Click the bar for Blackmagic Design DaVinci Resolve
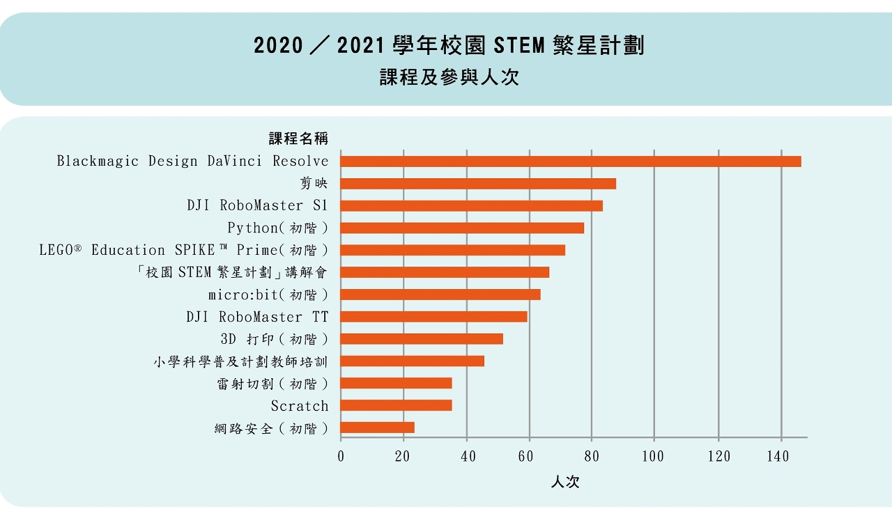click(x=571, y=162)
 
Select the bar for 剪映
click(x=478, y=184)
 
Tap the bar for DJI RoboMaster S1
click(x=472, y=206)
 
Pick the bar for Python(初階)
click(x=462, y=228)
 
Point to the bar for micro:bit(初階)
click(x=440, y=295)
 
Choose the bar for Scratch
click(x=396, y=405)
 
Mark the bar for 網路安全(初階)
click(x=377, y=427)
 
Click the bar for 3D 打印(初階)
click(x=422, y=339)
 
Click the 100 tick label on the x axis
click(x=654, y=457)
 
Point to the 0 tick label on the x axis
click(x=341, y=457)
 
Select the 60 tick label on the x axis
click(x=529, y=457)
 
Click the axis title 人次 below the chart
click(x=564, y=482)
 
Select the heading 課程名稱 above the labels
click(x=298, y=139)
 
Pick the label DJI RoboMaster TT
click(x=257, y=317)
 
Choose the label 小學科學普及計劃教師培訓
click(x=240, y=361)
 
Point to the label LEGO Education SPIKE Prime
click(x=183, y=250)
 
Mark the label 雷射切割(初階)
click(x=272, y=384)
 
